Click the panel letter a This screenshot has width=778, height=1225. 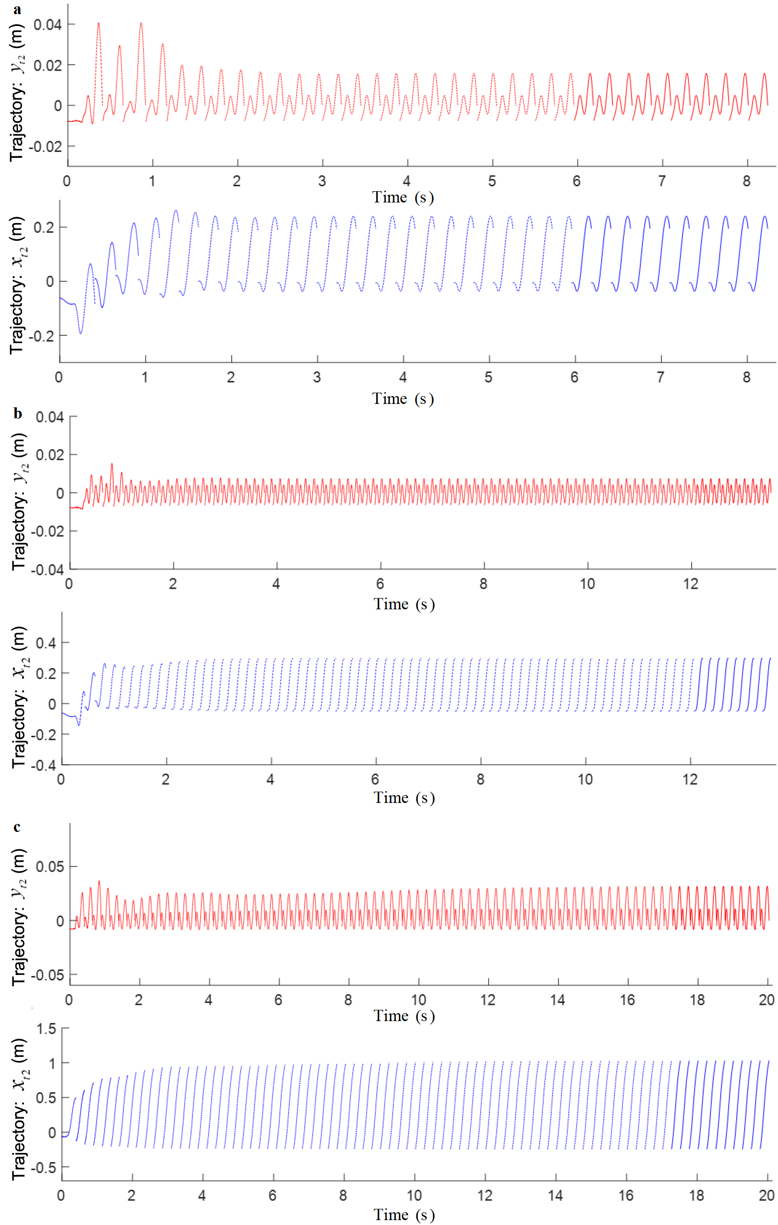[x=17, y=10]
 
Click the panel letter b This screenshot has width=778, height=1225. [x=18, y=414]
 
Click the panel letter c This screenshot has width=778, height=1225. [x=17, y=826]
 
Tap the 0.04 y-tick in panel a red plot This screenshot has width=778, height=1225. [x=48, y=25]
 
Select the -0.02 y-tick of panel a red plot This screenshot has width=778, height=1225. [x=45, y=147]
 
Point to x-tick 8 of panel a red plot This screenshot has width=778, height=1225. [x=746, y=180]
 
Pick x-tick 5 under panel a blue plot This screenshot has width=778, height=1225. [x=488, y=377]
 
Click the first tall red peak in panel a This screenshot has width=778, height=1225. [x=98, y=24]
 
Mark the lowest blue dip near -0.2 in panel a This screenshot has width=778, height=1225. [x=80, y=333]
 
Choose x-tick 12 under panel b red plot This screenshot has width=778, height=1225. [x=690, y=583]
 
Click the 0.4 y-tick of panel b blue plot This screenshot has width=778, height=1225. [x=46, y=643]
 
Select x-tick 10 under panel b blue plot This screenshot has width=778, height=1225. [x=585, y=779]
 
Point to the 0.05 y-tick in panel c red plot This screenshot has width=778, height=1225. [x=49, y=866]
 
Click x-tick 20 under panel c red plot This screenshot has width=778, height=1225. [x=766, y=1000]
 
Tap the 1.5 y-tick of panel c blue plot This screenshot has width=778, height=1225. [x=46, y=1028]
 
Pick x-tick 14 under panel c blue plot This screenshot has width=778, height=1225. [x=555, y=1195]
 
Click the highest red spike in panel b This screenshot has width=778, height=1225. [x=112, y=464]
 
